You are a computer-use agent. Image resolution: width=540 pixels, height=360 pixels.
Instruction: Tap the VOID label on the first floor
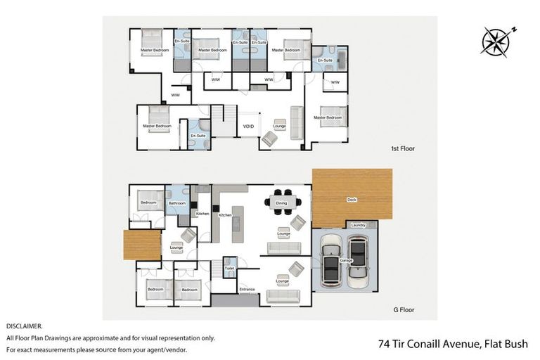248,127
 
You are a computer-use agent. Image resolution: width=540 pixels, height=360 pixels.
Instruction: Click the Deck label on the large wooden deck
352,200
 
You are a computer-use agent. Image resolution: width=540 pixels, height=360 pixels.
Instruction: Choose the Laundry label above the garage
358,225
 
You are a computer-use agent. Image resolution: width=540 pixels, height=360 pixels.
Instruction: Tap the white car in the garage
330,261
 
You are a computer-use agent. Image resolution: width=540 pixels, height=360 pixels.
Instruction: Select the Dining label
281,203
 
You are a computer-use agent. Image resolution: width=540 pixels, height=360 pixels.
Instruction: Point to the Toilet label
229,268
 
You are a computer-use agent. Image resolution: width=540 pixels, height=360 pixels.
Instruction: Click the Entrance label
247,289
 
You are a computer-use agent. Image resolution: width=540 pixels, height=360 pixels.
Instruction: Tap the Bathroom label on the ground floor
176,203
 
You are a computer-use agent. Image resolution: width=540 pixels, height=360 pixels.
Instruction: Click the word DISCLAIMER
25,326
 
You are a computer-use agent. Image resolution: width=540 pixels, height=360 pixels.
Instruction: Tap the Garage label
346,260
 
